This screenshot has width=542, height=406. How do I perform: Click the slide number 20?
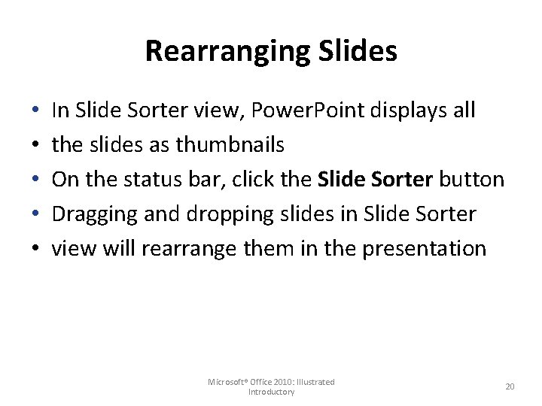point(510,386)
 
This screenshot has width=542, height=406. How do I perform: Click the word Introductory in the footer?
point(271,392)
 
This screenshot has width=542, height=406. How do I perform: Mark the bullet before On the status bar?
point(35,180)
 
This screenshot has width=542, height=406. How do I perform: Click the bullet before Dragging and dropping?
point(35,215)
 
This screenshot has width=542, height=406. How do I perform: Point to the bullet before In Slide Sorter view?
point(35,111)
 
